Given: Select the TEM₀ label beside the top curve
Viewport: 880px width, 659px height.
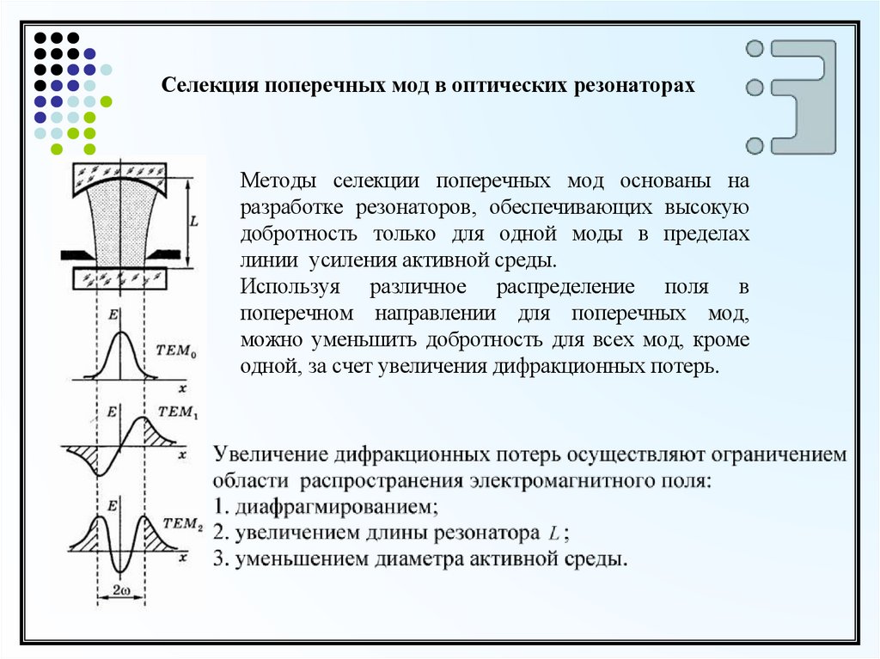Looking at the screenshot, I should pos(178,350).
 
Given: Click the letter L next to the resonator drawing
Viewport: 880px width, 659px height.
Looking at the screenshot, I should pos(194,221).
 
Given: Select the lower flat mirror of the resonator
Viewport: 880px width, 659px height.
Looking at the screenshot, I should pos(120,278).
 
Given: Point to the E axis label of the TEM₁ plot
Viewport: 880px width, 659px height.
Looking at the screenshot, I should pos(111,412).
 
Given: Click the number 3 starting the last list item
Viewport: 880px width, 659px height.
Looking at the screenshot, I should pos(218,559).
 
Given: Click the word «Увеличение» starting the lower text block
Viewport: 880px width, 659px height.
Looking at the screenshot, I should pos(271,454).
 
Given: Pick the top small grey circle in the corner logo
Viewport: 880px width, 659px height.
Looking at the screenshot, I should pos(755,49).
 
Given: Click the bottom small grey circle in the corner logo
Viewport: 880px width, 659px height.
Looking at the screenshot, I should pos(755,144).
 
